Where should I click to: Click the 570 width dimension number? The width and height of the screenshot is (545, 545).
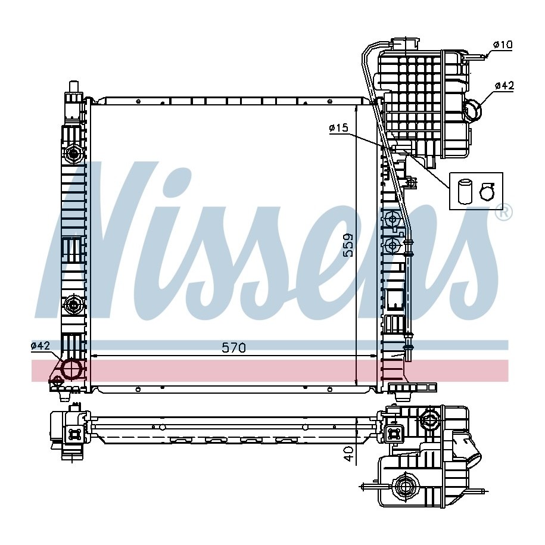(x=233, y=348)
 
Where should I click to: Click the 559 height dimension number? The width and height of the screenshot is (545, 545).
(x=348, y=245)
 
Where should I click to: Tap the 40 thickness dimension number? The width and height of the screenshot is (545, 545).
(x=349, y=454)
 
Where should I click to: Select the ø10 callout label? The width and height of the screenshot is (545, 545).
(x=503, y=45)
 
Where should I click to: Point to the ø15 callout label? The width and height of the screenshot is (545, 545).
(x=338, y=128)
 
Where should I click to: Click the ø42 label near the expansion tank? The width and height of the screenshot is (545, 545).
(x=504, y=86)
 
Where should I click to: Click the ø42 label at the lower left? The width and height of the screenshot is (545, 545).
(x=41, y=345)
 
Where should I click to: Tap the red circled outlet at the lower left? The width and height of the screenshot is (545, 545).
(x=72, y=369)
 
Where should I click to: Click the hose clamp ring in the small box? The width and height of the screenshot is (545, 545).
(x=487, y=192)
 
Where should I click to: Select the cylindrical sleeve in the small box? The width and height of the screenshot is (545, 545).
(x=464, y=191)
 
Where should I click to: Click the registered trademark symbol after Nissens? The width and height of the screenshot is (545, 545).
(x=505, y=213)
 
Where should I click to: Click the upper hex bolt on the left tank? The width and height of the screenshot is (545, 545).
(x=73, y=153)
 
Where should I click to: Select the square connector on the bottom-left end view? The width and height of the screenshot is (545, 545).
(x=74, y=434)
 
